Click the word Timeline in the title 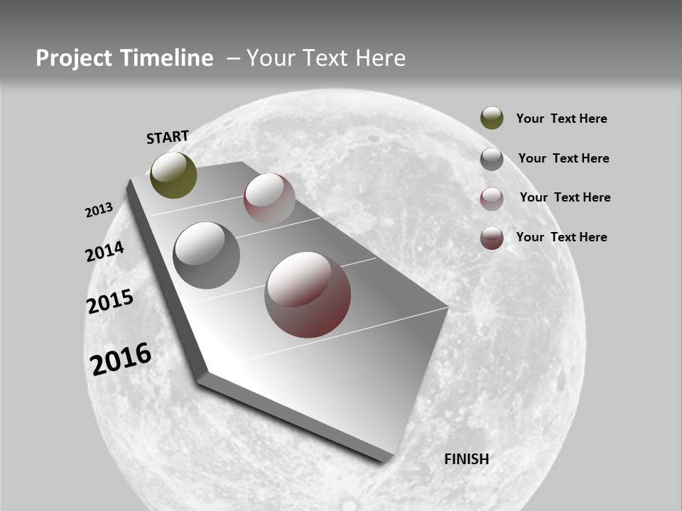(x=168, y=58)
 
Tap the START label (x=168, y=137)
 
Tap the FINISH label (x=466, y=459)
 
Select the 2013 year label (x=99, y=210)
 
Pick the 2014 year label (x=105, y=251)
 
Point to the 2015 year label (x=110, y=302)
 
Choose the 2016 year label (x=121, y=358)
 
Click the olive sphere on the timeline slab (x=173, y=175)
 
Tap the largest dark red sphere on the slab (x=308, y=295)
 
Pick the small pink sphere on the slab (x=269, y=199)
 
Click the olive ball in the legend (x=492, y=118)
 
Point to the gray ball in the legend (x=492, y=159)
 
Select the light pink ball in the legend (x=492, y=199)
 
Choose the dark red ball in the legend (x=492, y=238)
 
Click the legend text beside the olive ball (x=561, y=119)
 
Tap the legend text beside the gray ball (x=563, y=158)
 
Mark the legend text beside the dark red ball (x=561, y=237)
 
